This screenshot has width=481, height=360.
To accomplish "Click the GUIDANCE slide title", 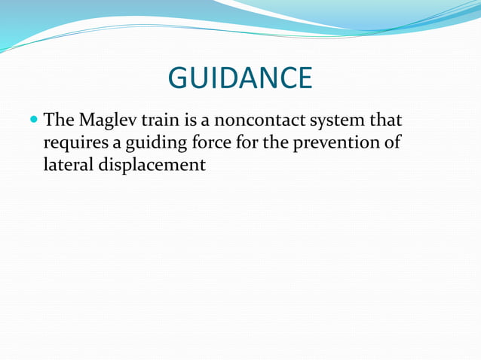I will pyautogui.click(x=240, y=78).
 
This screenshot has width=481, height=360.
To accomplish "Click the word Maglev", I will pyautogui.click(x=109, y=121).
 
